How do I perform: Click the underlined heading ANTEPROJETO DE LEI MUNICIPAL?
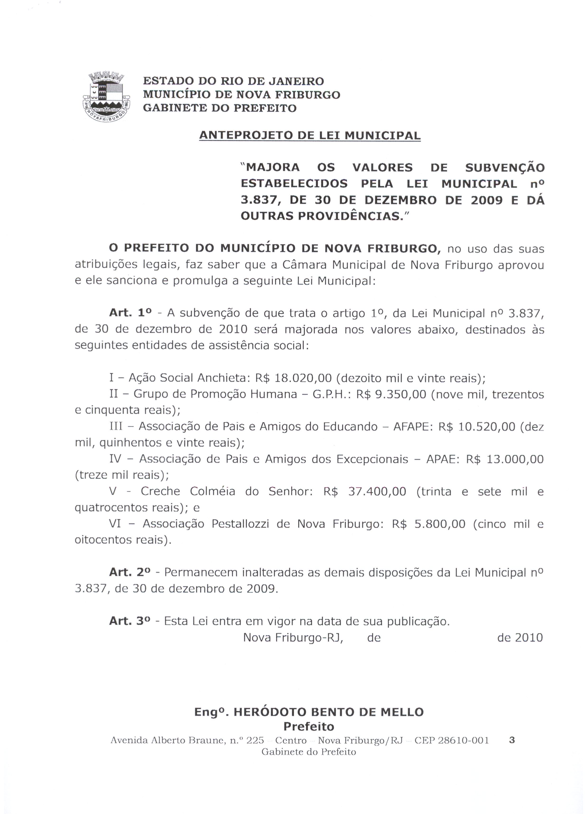click(310, 136)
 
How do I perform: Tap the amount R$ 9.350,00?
click(391, 394)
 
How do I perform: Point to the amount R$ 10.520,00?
click(477, 426)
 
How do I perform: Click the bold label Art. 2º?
click(130, 572)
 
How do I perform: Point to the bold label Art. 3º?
click(130, 621)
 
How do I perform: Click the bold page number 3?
click(512, 740)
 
